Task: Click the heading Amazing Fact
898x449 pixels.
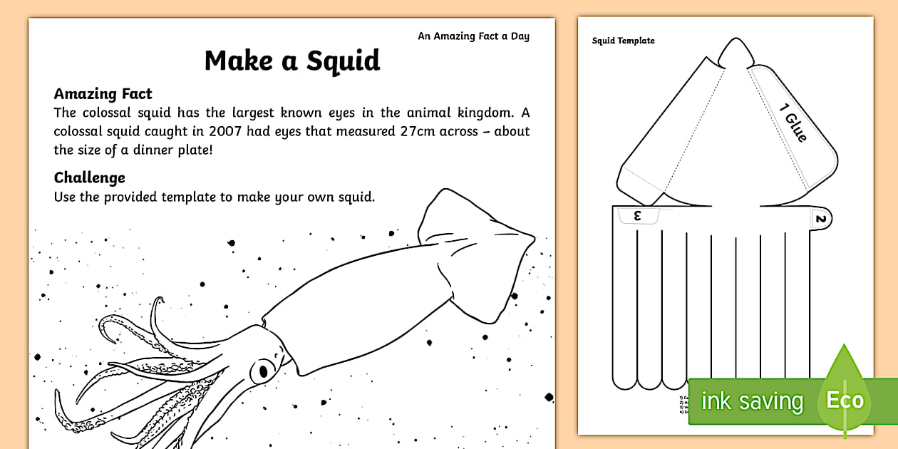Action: point(103,93)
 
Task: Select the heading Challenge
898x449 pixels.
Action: point(90,177)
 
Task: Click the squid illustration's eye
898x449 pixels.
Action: point(263,371)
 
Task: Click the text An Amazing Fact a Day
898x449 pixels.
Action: point(473,36)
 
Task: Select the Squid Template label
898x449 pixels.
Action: point(623,41)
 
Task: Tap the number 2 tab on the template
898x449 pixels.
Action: point(820,220)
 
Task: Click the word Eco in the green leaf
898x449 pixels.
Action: point(845,400)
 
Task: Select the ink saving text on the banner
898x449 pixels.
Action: point(751,401)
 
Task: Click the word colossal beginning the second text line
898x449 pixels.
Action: point(79,131)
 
